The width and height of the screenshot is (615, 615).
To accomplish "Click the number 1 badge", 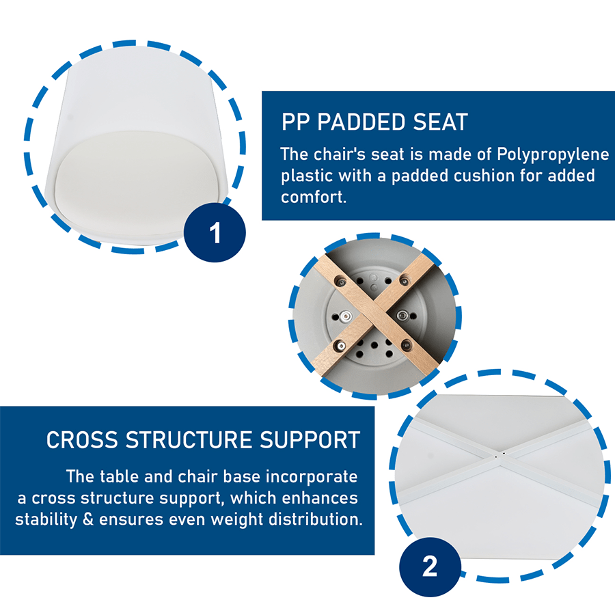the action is tap(215, 232).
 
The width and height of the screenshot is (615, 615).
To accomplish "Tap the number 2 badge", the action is tap(430, 566).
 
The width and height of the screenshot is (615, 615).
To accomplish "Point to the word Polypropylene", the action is tap(553, 155).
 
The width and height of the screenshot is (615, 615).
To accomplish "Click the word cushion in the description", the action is tap(484, 176).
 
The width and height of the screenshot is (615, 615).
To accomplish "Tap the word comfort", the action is tap(314, 197).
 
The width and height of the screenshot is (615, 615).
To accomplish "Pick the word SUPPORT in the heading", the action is tap(310, 440).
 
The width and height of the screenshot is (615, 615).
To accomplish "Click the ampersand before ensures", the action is tap(88, 519).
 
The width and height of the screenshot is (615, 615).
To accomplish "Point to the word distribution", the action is tap(315, 519).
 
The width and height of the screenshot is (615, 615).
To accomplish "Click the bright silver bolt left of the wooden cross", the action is tap(346, 316).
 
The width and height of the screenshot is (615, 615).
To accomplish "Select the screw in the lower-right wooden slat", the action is tap(406, 345).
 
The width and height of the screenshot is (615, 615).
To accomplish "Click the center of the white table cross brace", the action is tap(499, 456).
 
